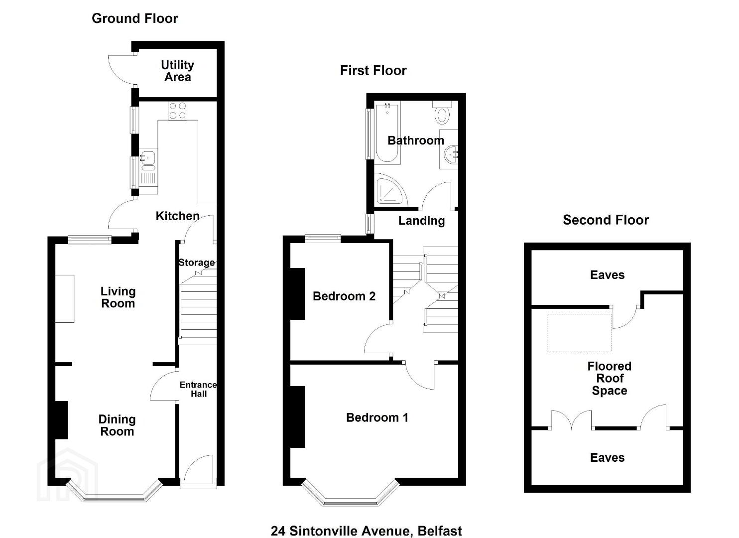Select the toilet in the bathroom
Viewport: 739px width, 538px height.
[442, 113]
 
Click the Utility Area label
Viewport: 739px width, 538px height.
[177, 71]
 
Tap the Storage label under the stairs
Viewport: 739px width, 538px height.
[197, 263]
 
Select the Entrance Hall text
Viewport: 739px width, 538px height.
[198, 389]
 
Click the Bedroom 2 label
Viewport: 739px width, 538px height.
[344, 296]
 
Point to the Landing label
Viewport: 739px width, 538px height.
[421, 221]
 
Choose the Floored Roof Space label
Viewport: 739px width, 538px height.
[610, 378]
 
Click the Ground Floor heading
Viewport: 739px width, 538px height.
[135, 18]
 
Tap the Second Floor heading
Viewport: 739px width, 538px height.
[606, 220]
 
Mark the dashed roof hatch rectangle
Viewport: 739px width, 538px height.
[579, 333]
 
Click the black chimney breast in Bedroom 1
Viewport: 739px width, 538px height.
[297, 416]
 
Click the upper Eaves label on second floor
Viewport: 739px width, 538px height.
[607, 275]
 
